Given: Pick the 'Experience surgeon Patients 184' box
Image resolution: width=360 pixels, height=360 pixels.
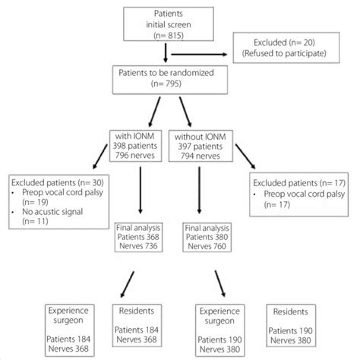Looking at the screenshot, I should click(x=69, y=328).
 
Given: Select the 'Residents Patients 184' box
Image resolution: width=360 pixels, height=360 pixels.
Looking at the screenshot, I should click(x=140, y=328).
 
